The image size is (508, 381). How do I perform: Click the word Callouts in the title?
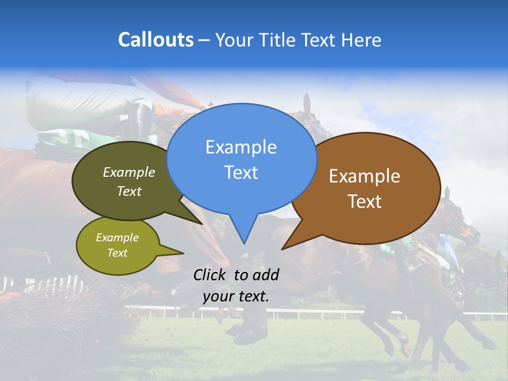pyautogui.click(x=156, y=40)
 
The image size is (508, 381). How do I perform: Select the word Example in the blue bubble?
pyautogui.click(x=241, y=147)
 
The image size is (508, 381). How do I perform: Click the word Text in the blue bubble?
pyautogui.click(x=241, y=173)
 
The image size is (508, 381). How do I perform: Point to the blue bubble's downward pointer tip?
pyautogui.click(x=244, y=243)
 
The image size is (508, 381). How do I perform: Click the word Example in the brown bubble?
pyautogui.click(x=365, y=176)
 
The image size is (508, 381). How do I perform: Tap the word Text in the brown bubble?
pyautogui.click(x=365, y=202)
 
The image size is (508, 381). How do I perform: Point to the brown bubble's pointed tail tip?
pyautogui.click(x=283, y=249)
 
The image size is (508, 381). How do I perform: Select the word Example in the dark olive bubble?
pyautogui.click(x=129, y=173)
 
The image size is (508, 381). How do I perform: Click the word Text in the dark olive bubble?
pyautogui.click(x=129, y=192)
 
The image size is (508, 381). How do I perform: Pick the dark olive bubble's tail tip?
pyautogui.click(x=203, y=224)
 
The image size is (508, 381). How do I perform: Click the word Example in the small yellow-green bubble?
pyautogui.click(x=117, y=238)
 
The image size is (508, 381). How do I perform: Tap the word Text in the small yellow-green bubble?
pyautogui.click(x=117, y=253)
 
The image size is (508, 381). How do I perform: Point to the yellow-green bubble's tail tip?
pyautogui.click(x=183, y=252)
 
